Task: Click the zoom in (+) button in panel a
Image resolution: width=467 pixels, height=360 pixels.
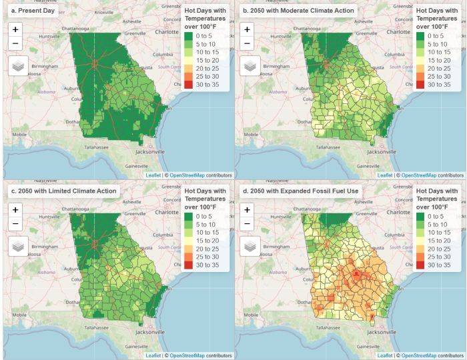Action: [x=15, y=29]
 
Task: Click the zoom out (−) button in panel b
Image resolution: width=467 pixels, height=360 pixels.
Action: [x=247, y=44]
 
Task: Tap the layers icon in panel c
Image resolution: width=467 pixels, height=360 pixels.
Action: [x=18, y=245]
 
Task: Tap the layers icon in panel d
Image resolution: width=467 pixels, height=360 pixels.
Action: [x=250, y=245]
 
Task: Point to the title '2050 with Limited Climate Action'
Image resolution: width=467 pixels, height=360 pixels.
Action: [x=63, y=191]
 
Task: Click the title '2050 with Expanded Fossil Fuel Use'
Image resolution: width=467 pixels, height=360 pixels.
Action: [x=300, y=191]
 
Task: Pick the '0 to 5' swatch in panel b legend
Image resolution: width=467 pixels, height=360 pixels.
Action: [x=421, y=36]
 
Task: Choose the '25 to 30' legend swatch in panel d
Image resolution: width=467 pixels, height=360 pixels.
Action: [x=421, y=257]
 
